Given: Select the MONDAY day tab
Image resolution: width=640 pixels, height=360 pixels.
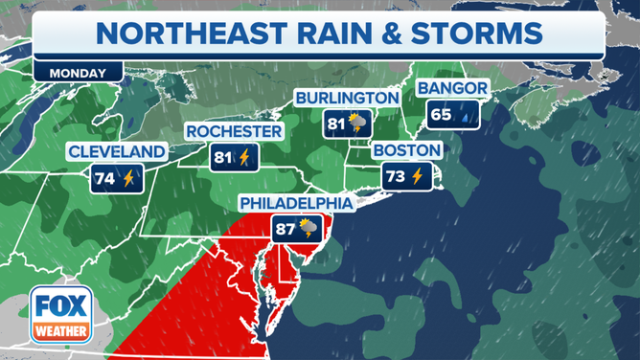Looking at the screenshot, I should click(78, 73).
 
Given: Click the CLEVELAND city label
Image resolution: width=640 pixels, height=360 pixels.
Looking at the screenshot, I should click(116, 152).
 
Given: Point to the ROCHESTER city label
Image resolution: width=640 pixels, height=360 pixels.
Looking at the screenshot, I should click(234, 131).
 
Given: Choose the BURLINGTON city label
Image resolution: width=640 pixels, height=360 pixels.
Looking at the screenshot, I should click(346, 98).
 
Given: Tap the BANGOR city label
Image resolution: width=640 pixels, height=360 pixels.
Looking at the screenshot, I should click(452, 89).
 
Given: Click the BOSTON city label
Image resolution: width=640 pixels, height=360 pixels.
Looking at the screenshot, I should click(407, 151).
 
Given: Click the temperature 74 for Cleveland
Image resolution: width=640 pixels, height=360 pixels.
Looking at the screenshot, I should click(104, 177).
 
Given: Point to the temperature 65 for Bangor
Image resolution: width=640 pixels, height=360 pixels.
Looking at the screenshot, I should click(441, 115).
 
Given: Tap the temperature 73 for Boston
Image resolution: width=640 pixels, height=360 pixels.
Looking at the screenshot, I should click(395, 176).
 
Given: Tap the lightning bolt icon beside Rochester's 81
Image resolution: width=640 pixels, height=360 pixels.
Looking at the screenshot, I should click(245, 156).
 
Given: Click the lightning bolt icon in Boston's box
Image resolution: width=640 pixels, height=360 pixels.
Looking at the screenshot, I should click(417, 176).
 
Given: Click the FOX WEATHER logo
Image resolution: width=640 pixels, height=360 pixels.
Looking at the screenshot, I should click(60, 314).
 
